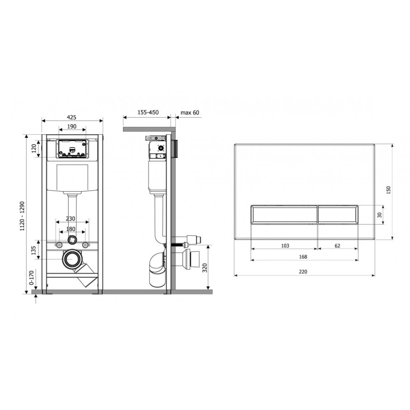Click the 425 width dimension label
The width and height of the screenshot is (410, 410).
pyautogui.click(x=72, y=117)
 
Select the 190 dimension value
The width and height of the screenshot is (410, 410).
pyautogui.click(x=72, y=127)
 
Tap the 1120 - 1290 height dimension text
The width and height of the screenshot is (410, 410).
pyautogui.click(x=22, y=216)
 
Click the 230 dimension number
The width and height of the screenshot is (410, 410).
pyautogui.click(x=71, y=219)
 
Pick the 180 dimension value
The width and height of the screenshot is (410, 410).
pyautogui.click(x=71, y=229)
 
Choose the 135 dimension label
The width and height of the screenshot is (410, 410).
pyautogui.click(x=34, y=250)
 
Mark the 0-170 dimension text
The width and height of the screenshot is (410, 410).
pyautogui.click(x=32, y=278)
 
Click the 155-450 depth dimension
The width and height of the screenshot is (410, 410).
pyautogui.click(x=148, y=112)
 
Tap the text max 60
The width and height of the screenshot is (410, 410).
pyautogui.click(x=190, y=113)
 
